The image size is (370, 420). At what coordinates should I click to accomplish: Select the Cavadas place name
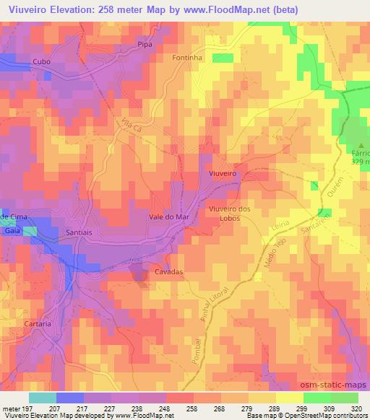[x=168, y=272]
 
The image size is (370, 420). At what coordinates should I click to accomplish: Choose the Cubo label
[x=41, y=62]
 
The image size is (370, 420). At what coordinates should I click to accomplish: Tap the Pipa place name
[x=143, y=45]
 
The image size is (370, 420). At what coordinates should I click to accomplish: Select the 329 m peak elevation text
[x=361, y=162]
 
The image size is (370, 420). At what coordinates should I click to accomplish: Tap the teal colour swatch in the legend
[x=42, y=398]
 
